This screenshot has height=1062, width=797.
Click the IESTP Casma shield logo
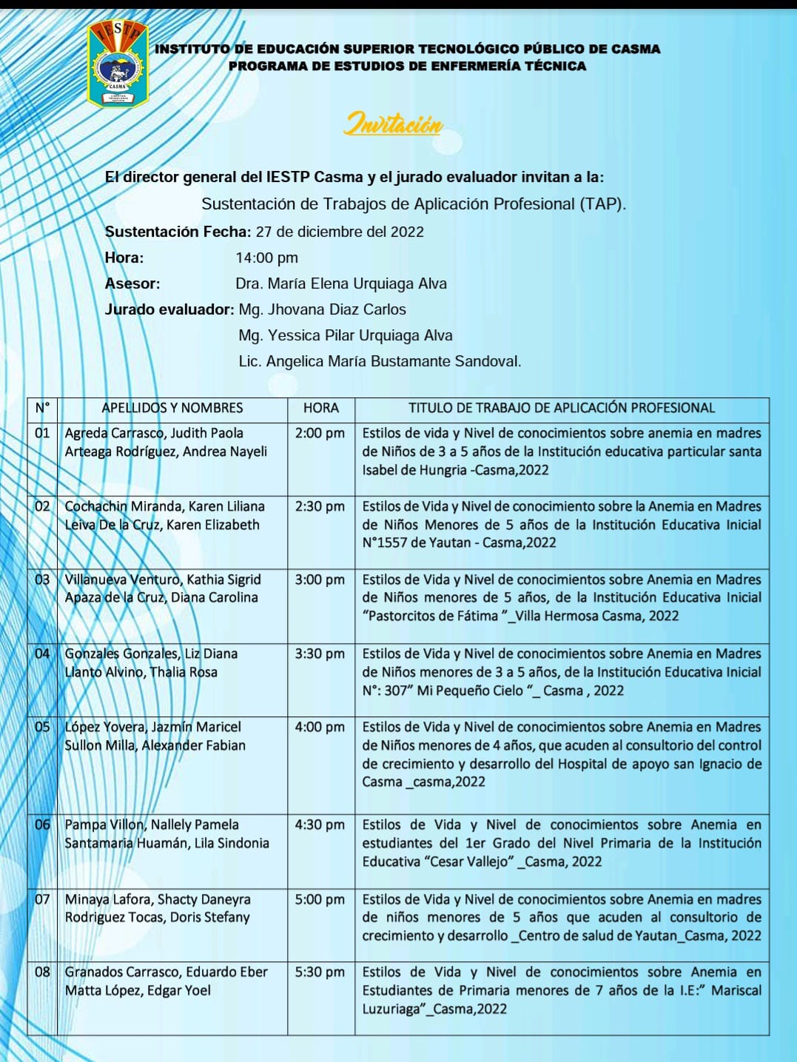tap(118, 64)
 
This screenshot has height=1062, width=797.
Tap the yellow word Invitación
tap(393, 124)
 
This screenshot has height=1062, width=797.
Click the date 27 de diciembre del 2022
tap(340, 232)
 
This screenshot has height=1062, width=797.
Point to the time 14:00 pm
tap(266, 258)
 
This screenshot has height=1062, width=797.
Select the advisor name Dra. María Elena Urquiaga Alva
tap(340, 283)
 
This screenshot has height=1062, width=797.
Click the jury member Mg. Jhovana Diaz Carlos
tap(322, 309)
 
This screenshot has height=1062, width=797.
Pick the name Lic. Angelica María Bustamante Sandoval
tap(380, 361)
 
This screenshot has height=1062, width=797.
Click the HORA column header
tap(320, 408)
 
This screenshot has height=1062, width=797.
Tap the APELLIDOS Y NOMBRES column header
tap(172, 408)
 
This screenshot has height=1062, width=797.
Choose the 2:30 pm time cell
tap(320, 506)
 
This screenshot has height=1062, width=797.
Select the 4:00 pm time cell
tap(320, 727)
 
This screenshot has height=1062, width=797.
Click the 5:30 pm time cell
tap(320, 972)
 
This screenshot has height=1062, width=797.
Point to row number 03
tap(42, 579)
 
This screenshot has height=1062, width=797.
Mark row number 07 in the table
tap(42, 899)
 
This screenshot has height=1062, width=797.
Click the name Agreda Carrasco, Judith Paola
tap(154, 433)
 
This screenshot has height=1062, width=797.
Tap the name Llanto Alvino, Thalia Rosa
tap(141, 672)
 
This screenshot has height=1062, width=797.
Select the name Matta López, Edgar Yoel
tap(138, 990)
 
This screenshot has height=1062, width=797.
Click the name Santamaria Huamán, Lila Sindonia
tap(167, 843)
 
